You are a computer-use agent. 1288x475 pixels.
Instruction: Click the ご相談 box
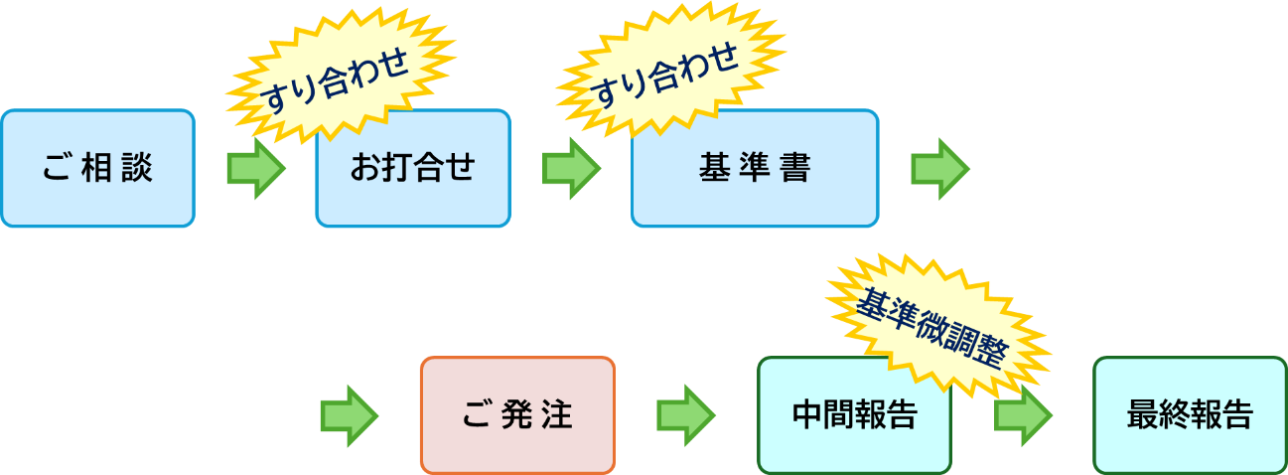point(97,169)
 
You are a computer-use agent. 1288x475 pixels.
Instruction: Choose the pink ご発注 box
point(517,415)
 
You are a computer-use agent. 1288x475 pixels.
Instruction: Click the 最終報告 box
point(1190,415)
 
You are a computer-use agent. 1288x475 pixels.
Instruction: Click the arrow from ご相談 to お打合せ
point(256,169)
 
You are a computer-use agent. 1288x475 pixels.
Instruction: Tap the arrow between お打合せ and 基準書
point(572,169)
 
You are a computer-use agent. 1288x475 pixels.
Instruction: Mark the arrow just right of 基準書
point(940,169)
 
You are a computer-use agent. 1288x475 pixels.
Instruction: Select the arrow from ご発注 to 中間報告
point(686,415)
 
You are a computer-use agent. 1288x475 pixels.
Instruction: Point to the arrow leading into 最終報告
point(1024,415)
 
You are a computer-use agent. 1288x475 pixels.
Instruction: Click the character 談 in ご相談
point(138,169)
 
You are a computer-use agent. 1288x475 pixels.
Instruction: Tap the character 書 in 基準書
point(795,169)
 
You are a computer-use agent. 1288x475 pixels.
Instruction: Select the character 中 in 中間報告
point(807,415)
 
